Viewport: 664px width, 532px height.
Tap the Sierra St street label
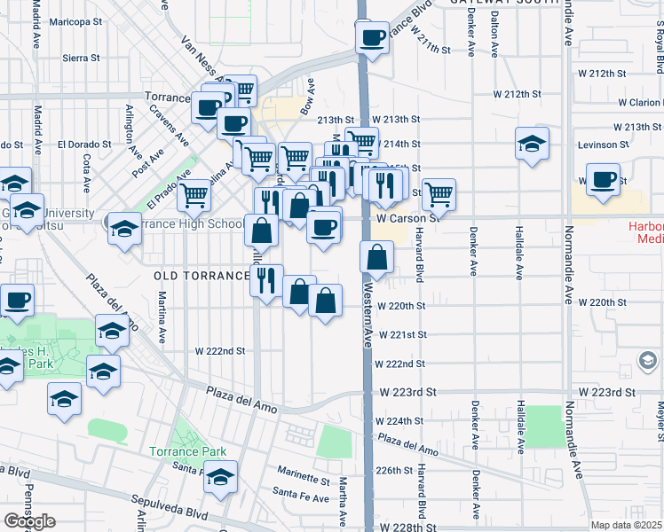[x=81, y=58]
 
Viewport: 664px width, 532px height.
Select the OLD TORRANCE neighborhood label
[x=202, y=276]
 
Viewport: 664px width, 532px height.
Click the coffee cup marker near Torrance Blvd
[x=372, y=37]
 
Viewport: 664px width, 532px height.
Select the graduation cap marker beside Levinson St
[x=532, y=144]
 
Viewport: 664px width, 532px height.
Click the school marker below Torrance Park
[x=220, y=478]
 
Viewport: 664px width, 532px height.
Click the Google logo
[x=29, y=521]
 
